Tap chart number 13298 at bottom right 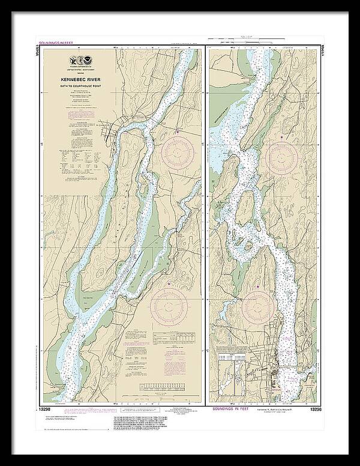316,410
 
